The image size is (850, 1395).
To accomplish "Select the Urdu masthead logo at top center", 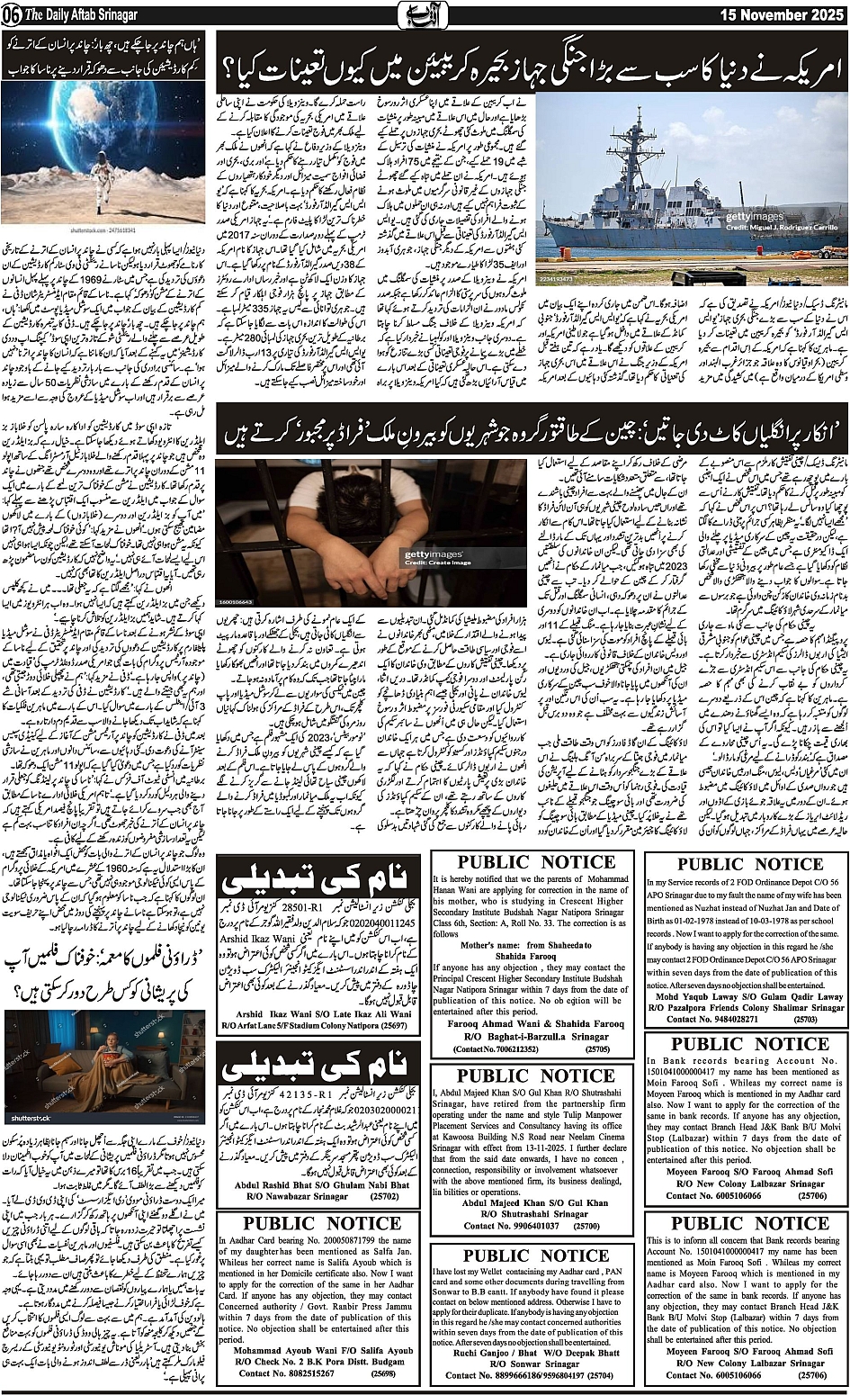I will point(425,15).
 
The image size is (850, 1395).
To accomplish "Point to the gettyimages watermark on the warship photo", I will point(756,217).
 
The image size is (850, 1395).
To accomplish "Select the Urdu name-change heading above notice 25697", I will point(319,886).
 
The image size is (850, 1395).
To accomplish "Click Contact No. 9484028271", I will point(747,1020).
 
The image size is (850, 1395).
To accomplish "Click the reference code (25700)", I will point(586,1225).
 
